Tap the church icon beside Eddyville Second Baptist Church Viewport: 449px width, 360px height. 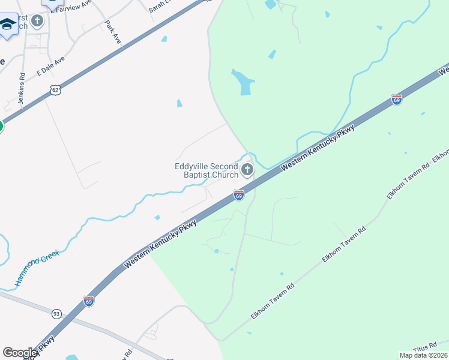coord(247,171)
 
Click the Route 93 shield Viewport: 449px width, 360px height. coord(56,314)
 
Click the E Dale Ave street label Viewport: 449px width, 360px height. coord(50,67)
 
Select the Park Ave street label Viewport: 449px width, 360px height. coord(113,32)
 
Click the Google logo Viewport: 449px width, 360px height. coord(20,353)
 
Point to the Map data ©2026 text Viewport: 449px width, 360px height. coord(423,355)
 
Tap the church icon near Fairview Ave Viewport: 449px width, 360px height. coord(37,22)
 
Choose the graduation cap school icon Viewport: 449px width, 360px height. coord(8,25)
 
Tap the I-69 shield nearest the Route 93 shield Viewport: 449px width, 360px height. coord(89,301)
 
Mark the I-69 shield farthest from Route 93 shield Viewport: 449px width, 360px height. coord(396,99)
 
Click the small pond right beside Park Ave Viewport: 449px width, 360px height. coord(164,40)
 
